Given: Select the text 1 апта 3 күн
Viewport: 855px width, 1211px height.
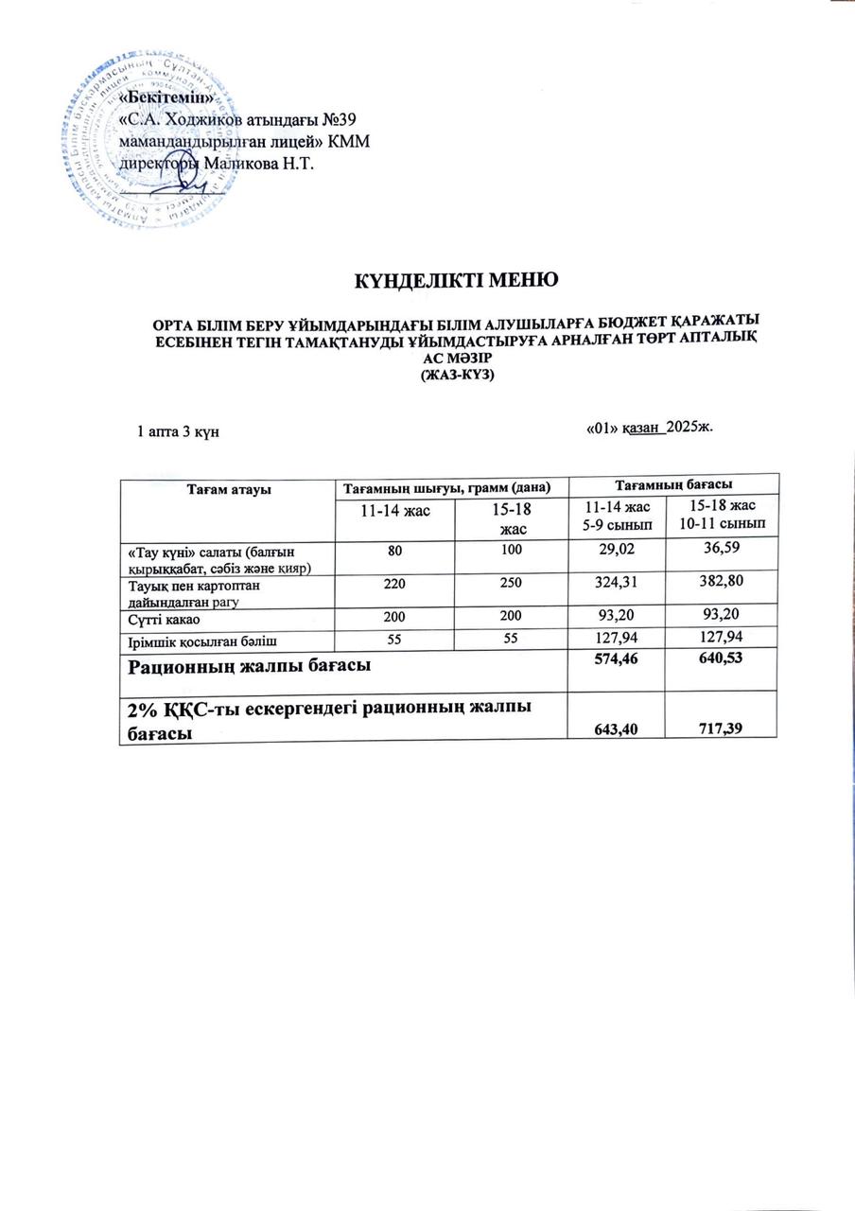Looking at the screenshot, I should (x=180, y=431).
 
